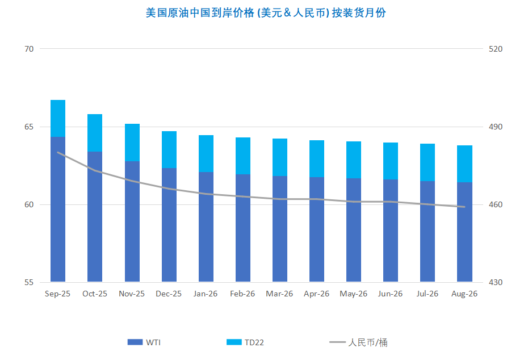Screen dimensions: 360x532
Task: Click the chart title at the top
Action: point(266,12)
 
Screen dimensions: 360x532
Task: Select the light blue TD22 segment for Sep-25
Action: point(58,118)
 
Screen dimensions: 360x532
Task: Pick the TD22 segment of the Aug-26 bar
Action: point(464,164)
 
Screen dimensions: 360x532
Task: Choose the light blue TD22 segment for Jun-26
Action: point(391,161)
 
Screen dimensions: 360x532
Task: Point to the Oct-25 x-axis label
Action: point(95,294)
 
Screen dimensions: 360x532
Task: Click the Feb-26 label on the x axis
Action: point(242,294)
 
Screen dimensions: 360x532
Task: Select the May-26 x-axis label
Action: point(354,294)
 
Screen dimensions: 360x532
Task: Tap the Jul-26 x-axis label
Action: point(428,294)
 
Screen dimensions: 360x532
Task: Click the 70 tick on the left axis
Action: point(29,49)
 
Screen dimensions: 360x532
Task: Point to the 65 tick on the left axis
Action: point(29,127)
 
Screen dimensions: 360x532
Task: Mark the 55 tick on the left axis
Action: point(29,282)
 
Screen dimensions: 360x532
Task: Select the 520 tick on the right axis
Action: point(496,49)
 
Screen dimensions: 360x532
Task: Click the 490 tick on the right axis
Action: point(496,127)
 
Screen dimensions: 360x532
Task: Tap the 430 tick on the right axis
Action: point(496,282)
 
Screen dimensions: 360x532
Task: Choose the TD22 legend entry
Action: point(245,342)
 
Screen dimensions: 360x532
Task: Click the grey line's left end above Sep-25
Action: point(58,152)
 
